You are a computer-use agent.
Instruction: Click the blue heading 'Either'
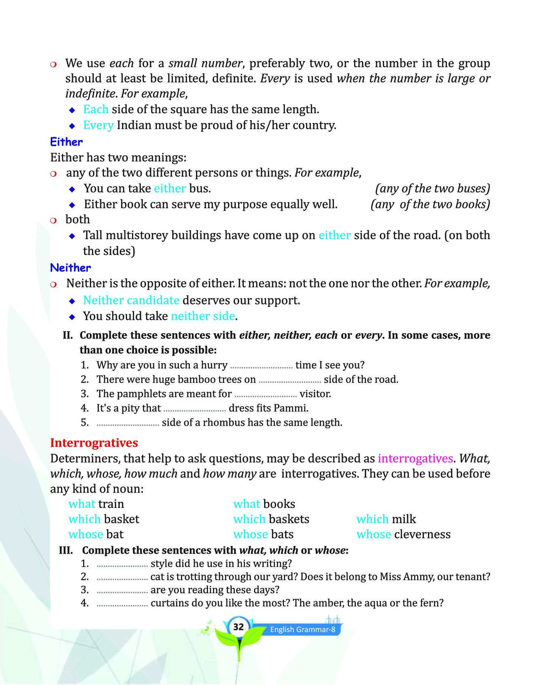(66, 142)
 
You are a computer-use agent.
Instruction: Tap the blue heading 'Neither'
(70, 268)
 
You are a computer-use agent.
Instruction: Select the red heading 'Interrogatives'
(94, 443)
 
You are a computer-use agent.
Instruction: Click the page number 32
(238, 627)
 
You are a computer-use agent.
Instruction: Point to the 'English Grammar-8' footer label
(302, 630)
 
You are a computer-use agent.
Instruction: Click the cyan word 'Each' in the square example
(96, 109)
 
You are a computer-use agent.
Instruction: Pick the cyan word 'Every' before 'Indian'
(98, 125)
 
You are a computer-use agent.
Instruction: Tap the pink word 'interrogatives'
(415, 458)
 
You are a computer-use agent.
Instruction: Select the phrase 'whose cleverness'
(403, 534)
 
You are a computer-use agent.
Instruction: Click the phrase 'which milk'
(386, 519)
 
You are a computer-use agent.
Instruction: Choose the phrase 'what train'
(96, 504)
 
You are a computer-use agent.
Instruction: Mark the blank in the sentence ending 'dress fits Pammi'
(195, 408)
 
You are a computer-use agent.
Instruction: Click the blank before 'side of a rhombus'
(128, 423)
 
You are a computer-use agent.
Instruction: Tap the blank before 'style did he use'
(122, 563)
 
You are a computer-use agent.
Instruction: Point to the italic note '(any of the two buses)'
(432, 188)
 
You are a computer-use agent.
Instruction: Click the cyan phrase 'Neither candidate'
(131, 300)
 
